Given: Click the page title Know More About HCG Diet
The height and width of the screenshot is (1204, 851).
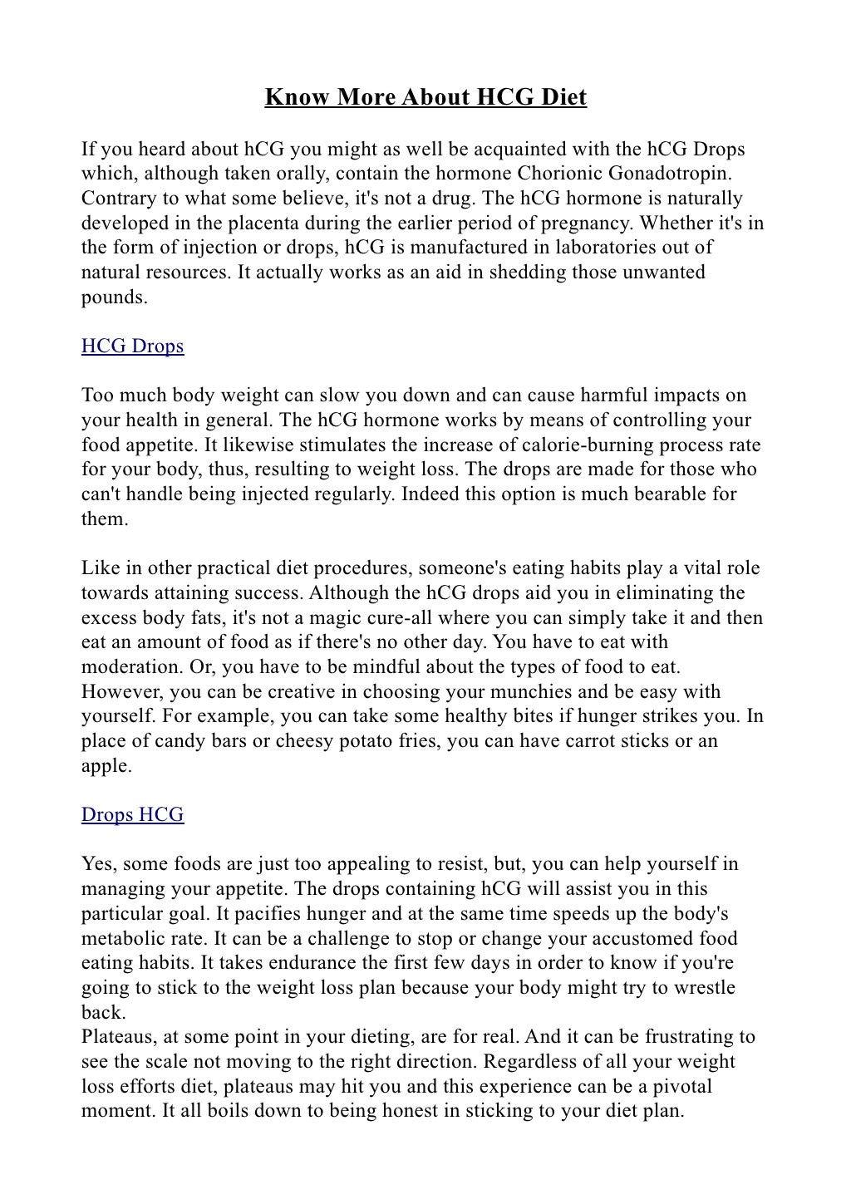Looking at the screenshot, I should (425, 98).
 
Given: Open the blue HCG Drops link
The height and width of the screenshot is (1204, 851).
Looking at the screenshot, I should (132, 346).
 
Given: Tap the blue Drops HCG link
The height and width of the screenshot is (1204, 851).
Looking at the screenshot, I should (132, 814).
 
